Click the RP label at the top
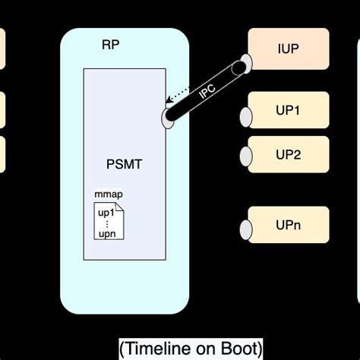(111, 44)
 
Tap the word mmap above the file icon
(109, 195)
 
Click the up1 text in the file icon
(106, 212)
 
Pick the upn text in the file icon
(106, 233)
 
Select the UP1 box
(289, 110)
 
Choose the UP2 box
(289, 154)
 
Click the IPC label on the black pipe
(207, 93)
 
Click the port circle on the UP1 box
(246, 116)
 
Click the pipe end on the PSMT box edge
(168, 117)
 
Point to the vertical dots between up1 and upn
(106, 223)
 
